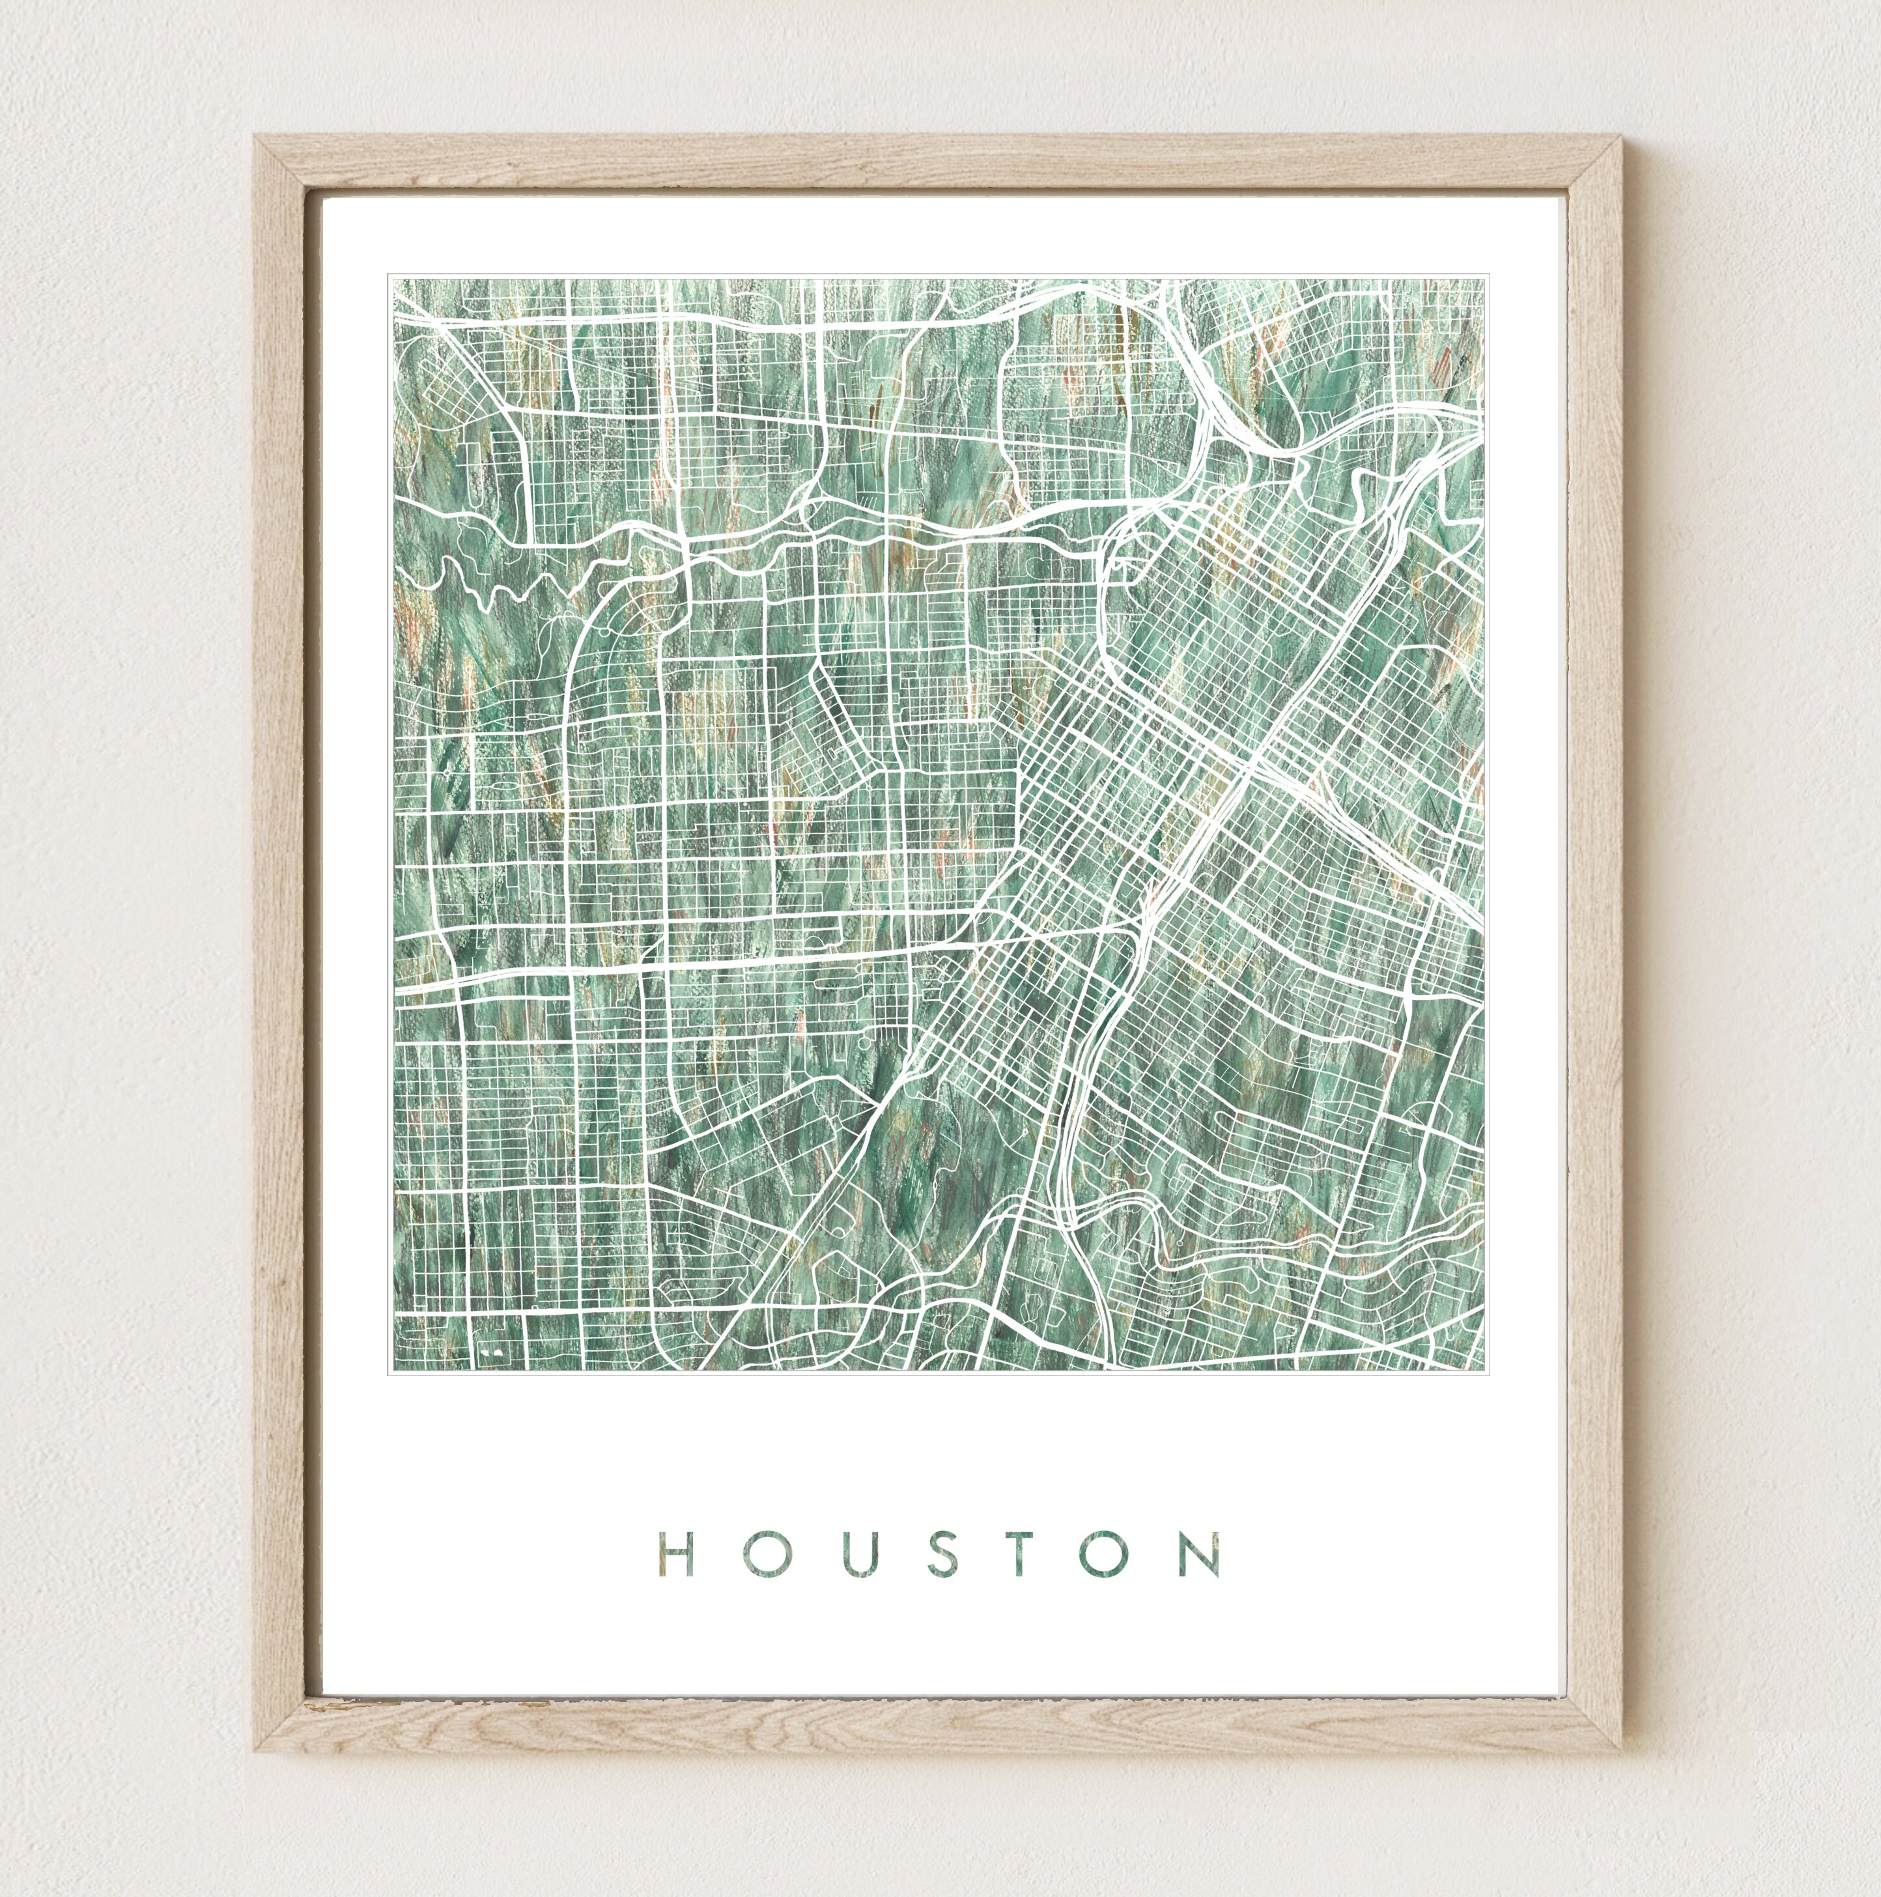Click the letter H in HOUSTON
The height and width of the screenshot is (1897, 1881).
pos(677,1554)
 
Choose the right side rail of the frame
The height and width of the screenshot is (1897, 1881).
pos(1595,943)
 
